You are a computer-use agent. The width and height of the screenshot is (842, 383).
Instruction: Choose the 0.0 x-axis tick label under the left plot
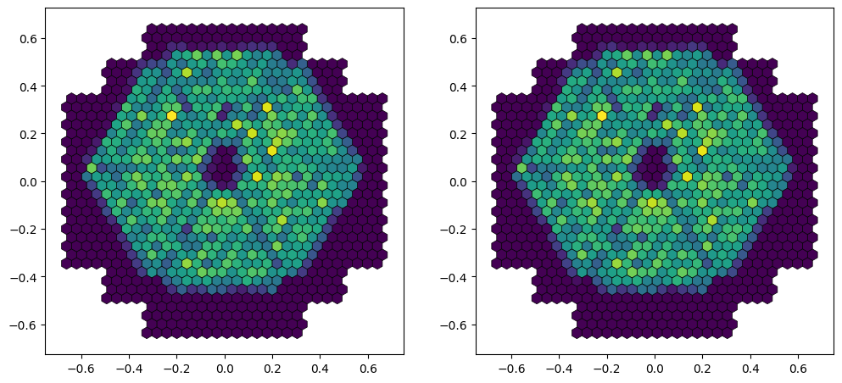[225, 369]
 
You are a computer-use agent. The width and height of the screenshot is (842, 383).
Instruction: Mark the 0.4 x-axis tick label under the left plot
[321, 369]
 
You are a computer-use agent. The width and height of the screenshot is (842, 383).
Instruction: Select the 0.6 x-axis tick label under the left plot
[368, 369]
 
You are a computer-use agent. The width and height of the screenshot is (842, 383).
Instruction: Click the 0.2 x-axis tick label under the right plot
[702, 369]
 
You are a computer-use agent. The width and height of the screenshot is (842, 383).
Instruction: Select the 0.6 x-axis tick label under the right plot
[798, 369]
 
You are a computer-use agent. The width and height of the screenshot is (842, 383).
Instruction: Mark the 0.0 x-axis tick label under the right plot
[655, 369]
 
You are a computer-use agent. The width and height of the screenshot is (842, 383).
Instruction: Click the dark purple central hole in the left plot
[224, 166]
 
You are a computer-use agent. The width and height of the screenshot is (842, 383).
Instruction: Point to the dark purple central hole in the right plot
[654, 166]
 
